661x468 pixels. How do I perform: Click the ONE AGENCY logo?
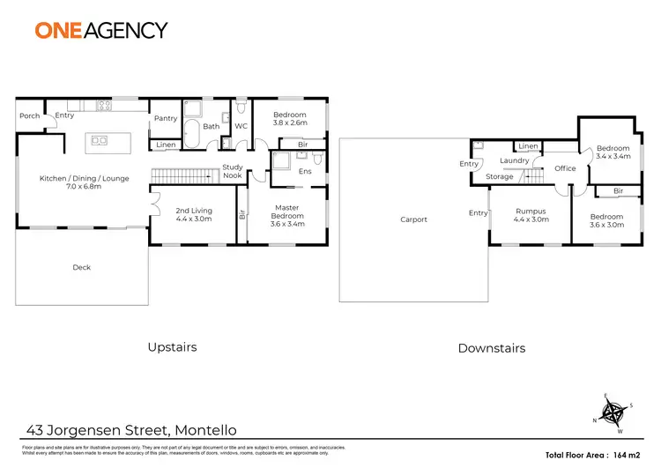[100, 29]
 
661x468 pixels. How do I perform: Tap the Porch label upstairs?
[29, 115]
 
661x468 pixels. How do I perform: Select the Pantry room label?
[165, 118]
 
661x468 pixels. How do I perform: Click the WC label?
[239, 126]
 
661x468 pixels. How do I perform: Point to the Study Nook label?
[233, 171]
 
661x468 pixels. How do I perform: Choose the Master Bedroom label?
[287, 210]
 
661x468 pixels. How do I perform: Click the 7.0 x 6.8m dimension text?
[84, 187]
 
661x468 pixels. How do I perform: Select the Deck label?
[81, 267]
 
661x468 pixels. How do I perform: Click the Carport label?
[413, 219]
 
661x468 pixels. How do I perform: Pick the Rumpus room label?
[531, 212]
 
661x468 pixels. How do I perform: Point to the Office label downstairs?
[565, 168]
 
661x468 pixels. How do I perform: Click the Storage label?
[500, 177]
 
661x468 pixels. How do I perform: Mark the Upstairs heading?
[172, 347]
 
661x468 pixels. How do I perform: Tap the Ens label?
[305, 171]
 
